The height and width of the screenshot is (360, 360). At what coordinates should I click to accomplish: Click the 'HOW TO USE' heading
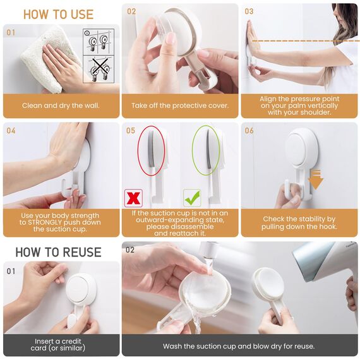[x=58, y=15]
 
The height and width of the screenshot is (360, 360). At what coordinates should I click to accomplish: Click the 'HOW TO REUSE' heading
[x=58, y=252]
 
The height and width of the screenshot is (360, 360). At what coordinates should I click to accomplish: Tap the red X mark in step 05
[x=133, y=198]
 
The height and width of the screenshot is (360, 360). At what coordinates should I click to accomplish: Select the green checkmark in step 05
[x=192, y=198]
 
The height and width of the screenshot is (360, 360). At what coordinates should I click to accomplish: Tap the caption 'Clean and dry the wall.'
[x=61, y=105]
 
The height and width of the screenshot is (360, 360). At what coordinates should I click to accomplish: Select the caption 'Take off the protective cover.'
[x=180, y=105]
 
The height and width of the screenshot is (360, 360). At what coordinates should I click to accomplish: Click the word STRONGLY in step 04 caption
[x=60, y=222]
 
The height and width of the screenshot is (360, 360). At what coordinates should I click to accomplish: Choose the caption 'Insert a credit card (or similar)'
[x=58, y=344]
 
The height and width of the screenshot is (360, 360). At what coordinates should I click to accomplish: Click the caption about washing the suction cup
[x=239, y=346]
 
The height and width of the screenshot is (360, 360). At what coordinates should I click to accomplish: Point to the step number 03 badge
[x=249, y=11]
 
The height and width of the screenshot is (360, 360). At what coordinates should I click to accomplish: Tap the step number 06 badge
[x=249, y=131]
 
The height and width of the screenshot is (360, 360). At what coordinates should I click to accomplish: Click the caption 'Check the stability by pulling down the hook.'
[x=299, y=223]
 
